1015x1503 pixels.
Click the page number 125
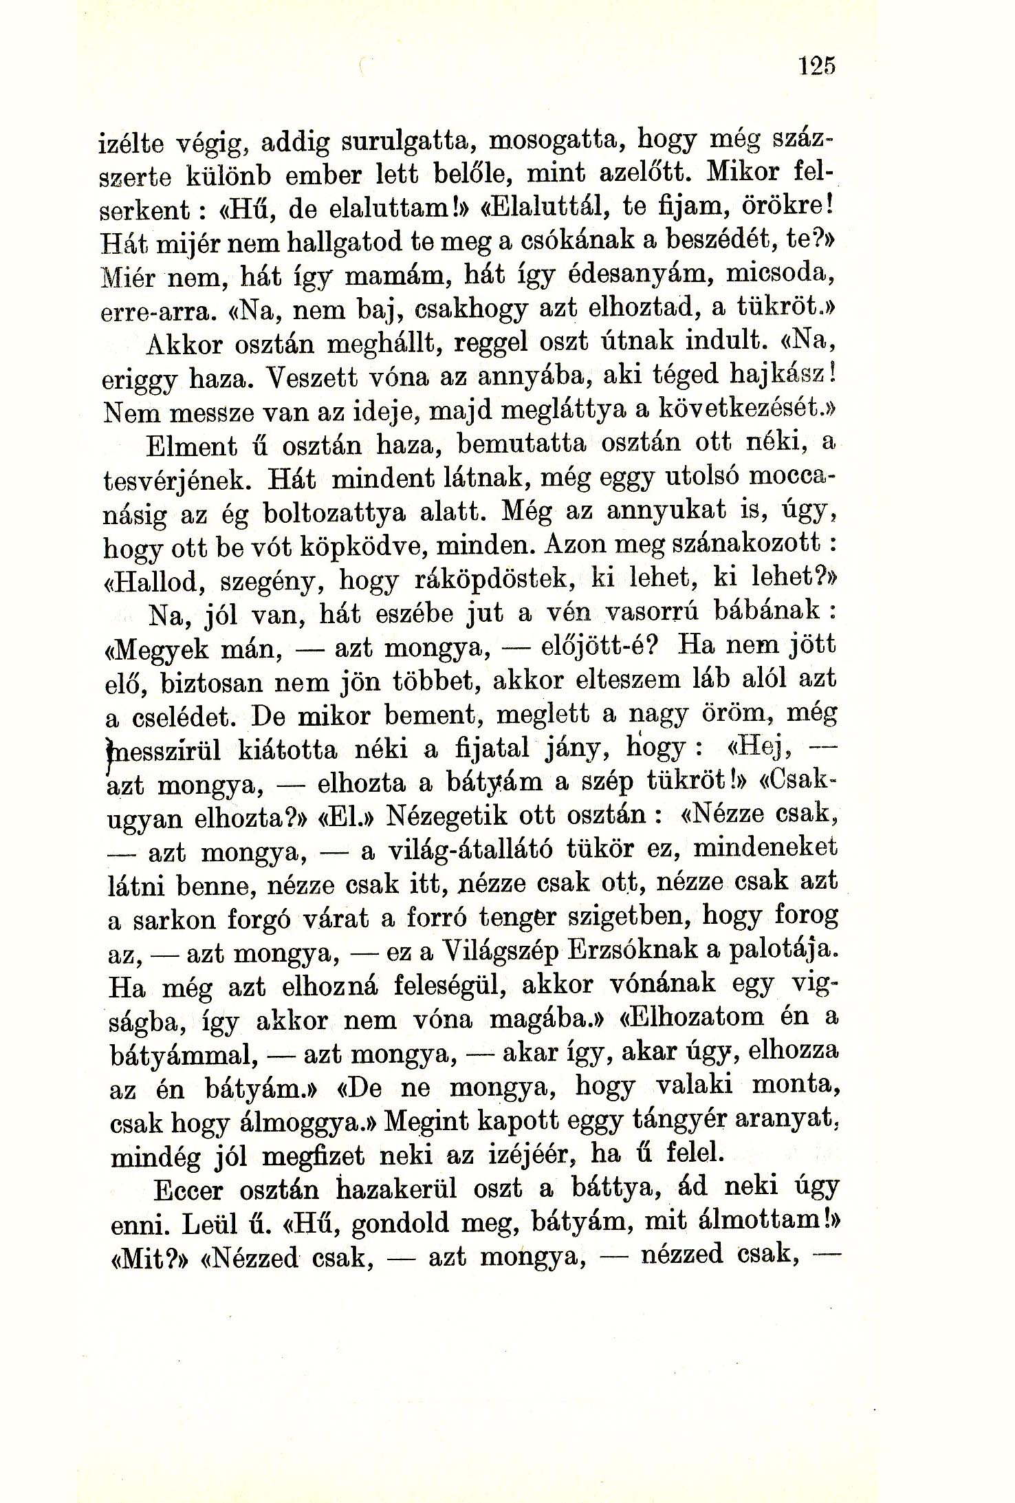(817, 67)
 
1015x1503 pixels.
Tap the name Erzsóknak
(633, 952)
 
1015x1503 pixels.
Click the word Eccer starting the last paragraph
(188, 1189)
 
